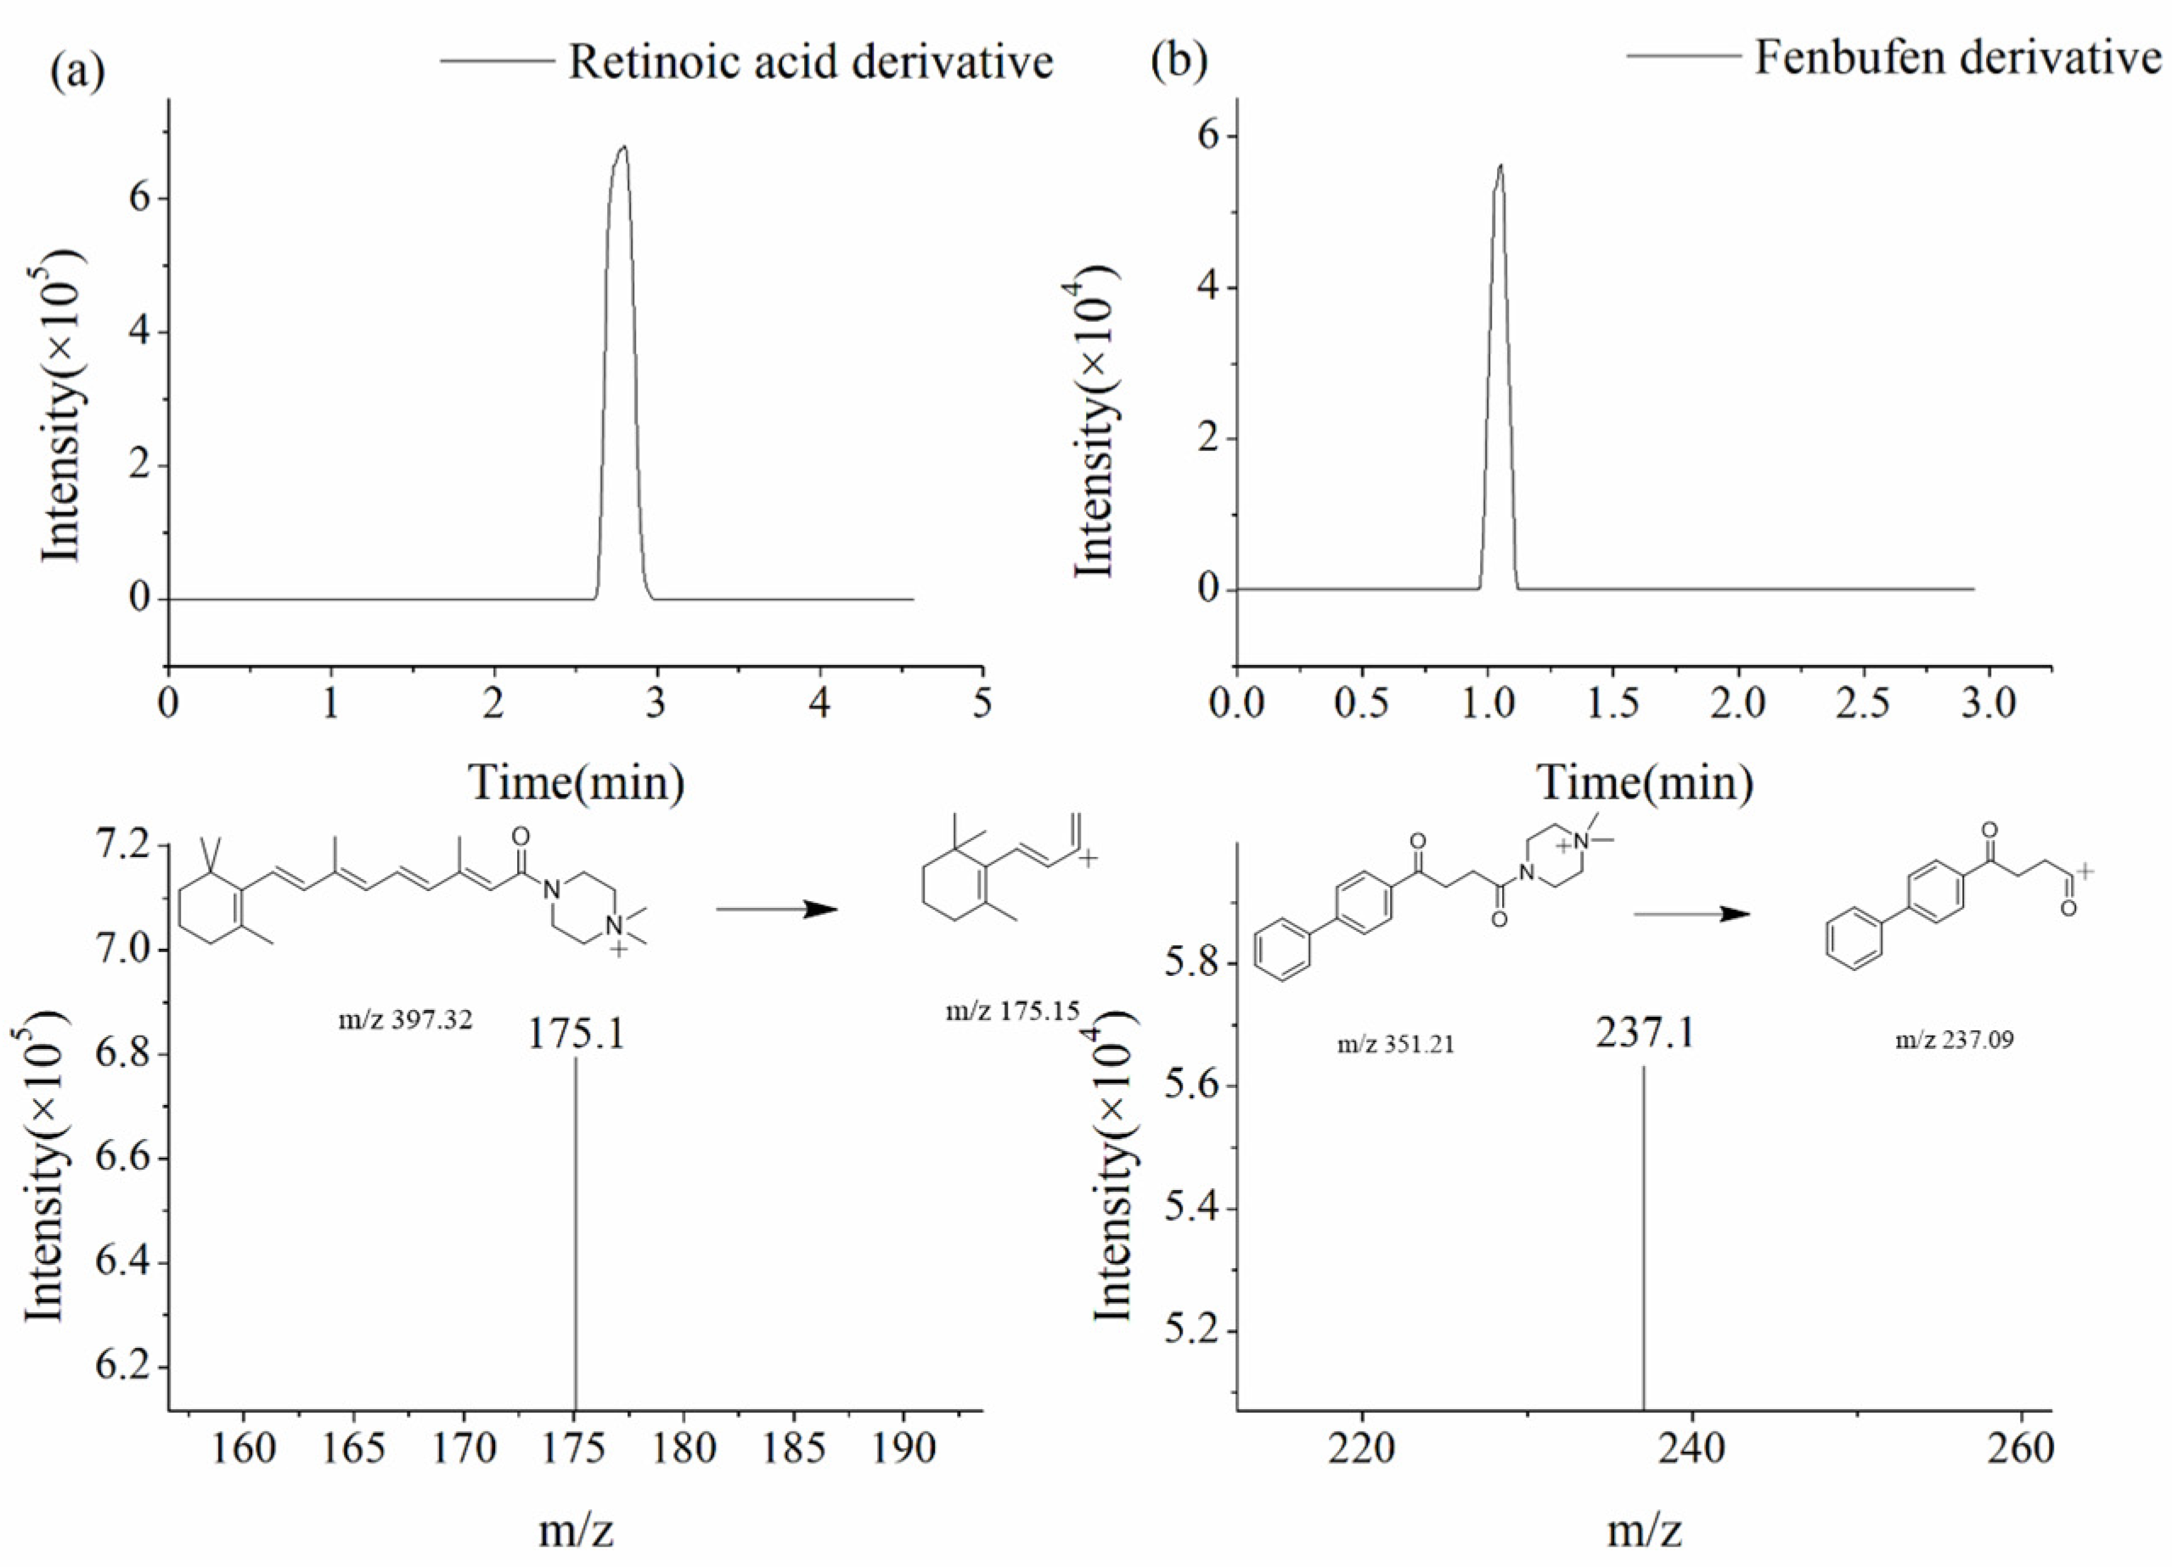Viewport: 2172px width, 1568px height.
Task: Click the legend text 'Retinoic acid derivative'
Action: pos(810,61)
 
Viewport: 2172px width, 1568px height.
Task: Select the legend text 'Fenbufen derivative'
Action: pos(1957,58)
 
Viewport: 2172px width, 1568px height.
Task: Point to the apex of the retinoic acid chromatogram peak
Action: pos(624,147)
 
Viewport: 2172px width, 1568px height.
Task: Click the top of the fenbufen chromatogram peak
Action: pos(1500,166)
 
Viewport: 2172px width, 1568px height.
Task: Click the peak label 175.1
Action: pos(577,1034)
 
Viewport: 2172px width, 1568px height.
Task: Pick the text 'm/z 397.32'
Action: pos(405,1020)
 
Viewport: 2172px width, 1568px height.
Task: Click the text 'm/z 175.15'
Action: pos(1012,1011)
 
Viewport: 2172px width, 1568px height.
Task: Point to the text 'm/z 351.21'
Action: pos(1395,1043)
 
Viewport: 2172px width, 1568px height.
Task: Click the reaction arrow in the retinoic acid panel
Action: pos(777,909)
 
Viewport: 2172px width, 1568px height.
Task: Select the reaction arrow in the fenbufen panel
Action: pos(1691,914)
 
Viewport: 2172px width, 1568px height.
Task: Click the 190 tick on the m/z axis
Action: pos(903,1448)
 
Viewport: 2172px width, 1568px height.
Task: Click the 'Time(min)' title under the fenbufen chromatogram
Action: pos(1646,782)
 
